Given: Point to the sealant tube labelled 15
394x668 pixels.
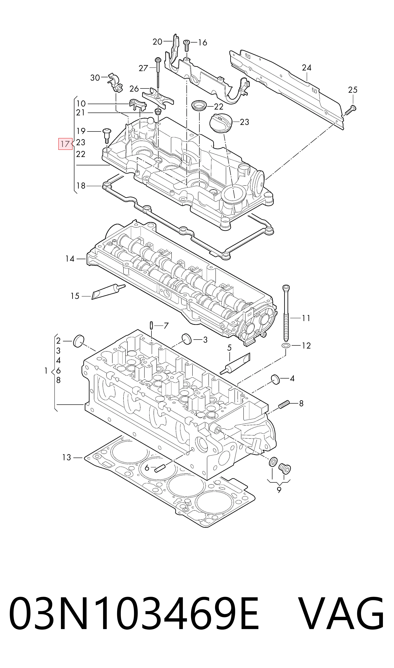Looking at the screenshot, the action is (x=108, y=292).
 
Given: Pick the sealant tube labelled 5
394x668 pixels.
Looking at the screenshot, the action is (x=235, y=364).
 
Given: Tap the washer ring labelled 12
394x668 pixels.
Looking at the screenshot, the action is (x=286, y=345).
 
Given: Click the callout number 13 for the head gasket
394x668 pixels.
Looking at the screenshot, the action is (x=67, y=457).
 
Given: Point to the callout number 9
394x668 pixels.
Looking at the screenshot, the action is (x=279, y=490).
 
